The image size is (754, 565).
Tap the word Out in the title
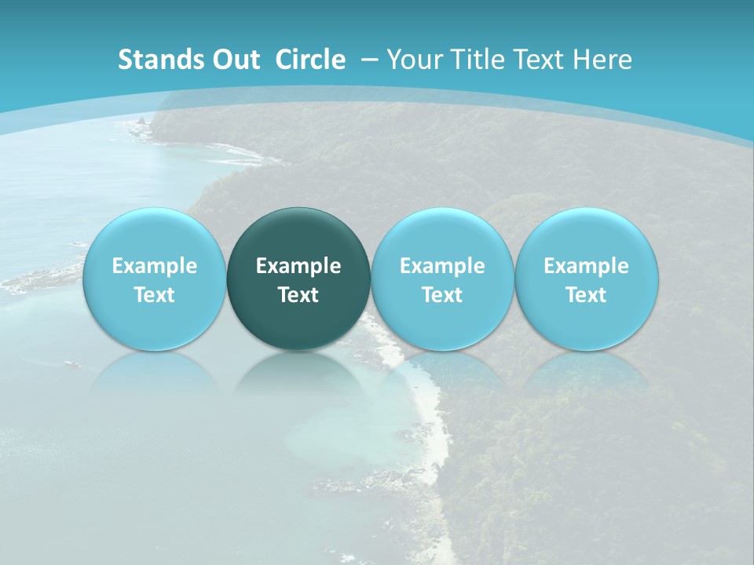tap(234, 60)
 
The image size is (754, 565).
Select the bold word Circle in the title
tap(310, 60)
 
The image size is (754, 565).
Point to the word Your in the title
tap(414, 60)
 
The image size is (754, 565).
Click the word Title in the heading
tap(476, 60)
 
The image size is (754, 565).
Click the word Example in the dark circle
tap(298, 266)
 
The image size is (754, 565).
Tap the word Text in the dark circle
tap(298, 295)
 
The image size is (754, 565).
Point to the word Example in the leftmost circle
tap(155, 266)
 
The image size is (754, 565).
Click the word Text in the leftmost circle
tap(155, 295)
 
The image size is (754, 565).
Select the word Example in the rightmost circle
tap(587, 266)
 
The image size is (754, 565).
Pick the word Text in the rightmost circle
tap(587, 295)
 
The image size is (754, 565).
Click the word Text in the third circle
tap(442, 295)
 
